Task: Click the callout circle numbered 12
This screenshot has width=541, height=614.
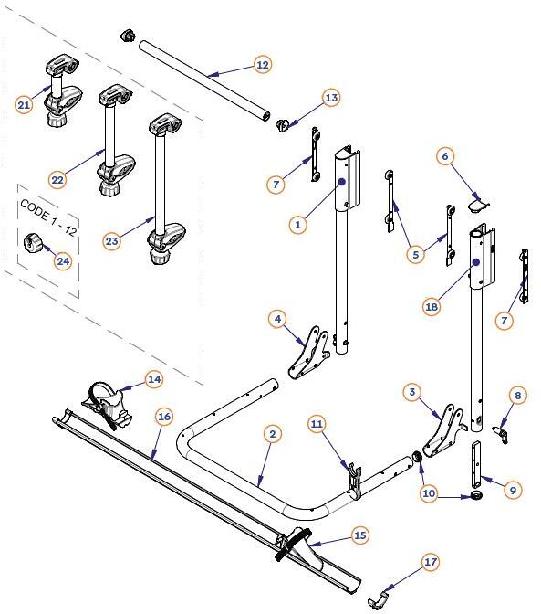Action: click(x=262, y=65)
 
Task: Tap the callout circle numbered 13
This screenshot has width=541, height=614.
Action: click(x=330, y=98)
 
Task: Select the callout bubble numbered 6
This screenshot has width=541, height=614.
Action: click(x=445, y=156)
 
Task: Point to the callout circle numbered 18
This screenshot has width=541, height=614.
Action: click(x=432, y=308)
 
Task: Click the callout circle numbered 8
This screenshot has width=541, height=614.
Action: click(x=518, y=396)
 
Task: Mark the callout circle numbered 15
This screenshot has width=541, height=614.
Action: click(x=359, y=535)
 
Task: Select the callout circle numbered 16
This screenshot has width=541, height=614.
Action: click(x=164, y=417)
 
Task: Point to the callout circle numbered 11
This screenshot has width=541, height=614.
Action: click(x=317, y=423)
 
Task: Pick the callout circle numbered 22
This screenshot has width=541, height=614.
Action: click(x=57, y=180)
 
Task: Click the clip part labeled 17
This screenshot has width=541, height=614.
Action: click(x=378, y=598)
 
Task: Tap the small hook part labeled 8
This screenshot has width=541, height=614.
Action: click(x=501, y=429)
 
